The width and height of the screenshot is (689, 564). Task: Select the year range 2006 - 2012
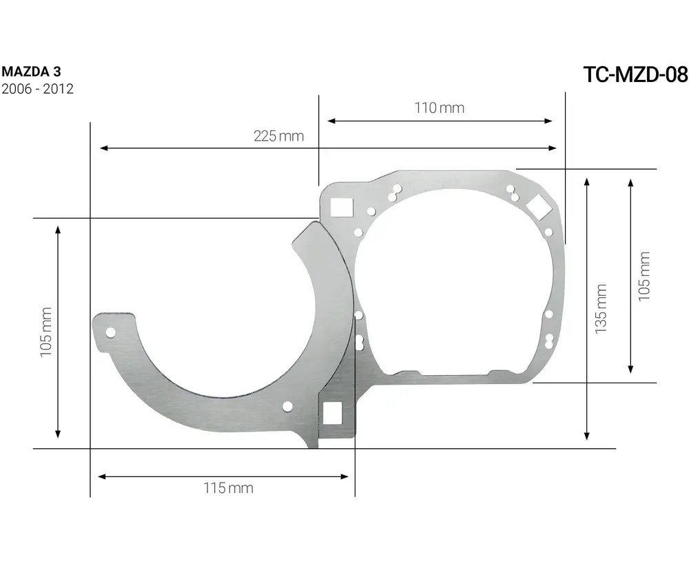(x=38, y=89)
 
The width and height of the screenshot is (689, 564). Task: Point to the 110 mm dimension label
(x=439, y=108)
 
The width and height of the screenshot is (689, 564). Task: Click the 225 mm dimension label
(x=278, y=136)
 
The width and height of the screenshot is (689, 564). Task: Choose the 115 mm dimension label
(x=228, y=488)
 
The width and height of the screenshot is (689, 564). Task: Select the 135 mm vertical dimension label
(x=601, y=309)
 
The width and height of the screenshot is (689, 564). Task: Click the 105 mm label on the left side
(x=45, y=332)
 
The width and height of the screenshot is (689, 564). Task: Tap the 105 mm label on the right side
(x=644, y=276)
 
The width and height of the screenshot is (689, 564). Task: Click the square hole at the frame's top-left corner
(x=341, y=206)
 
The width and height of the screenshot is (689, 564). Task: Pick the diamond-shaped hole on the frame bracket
(x=538, y=204)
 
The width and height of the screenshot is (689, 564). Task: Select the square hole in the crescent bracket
(x=333, y=412)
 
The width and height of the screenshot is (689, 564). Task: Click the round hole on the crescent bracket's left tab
(x=110, y=332)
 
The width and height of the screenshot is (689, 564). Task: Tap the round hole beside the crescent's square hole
(x=287, y=407)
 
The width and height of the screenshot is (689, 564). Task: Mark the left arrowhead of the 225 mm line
(x=103, y=148)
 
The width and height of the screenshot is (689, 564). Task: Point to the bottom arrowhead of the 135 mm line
(x=586, y=435)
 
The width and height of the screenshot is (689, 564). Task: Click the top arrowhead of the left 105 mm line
(x=58, y=227)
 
